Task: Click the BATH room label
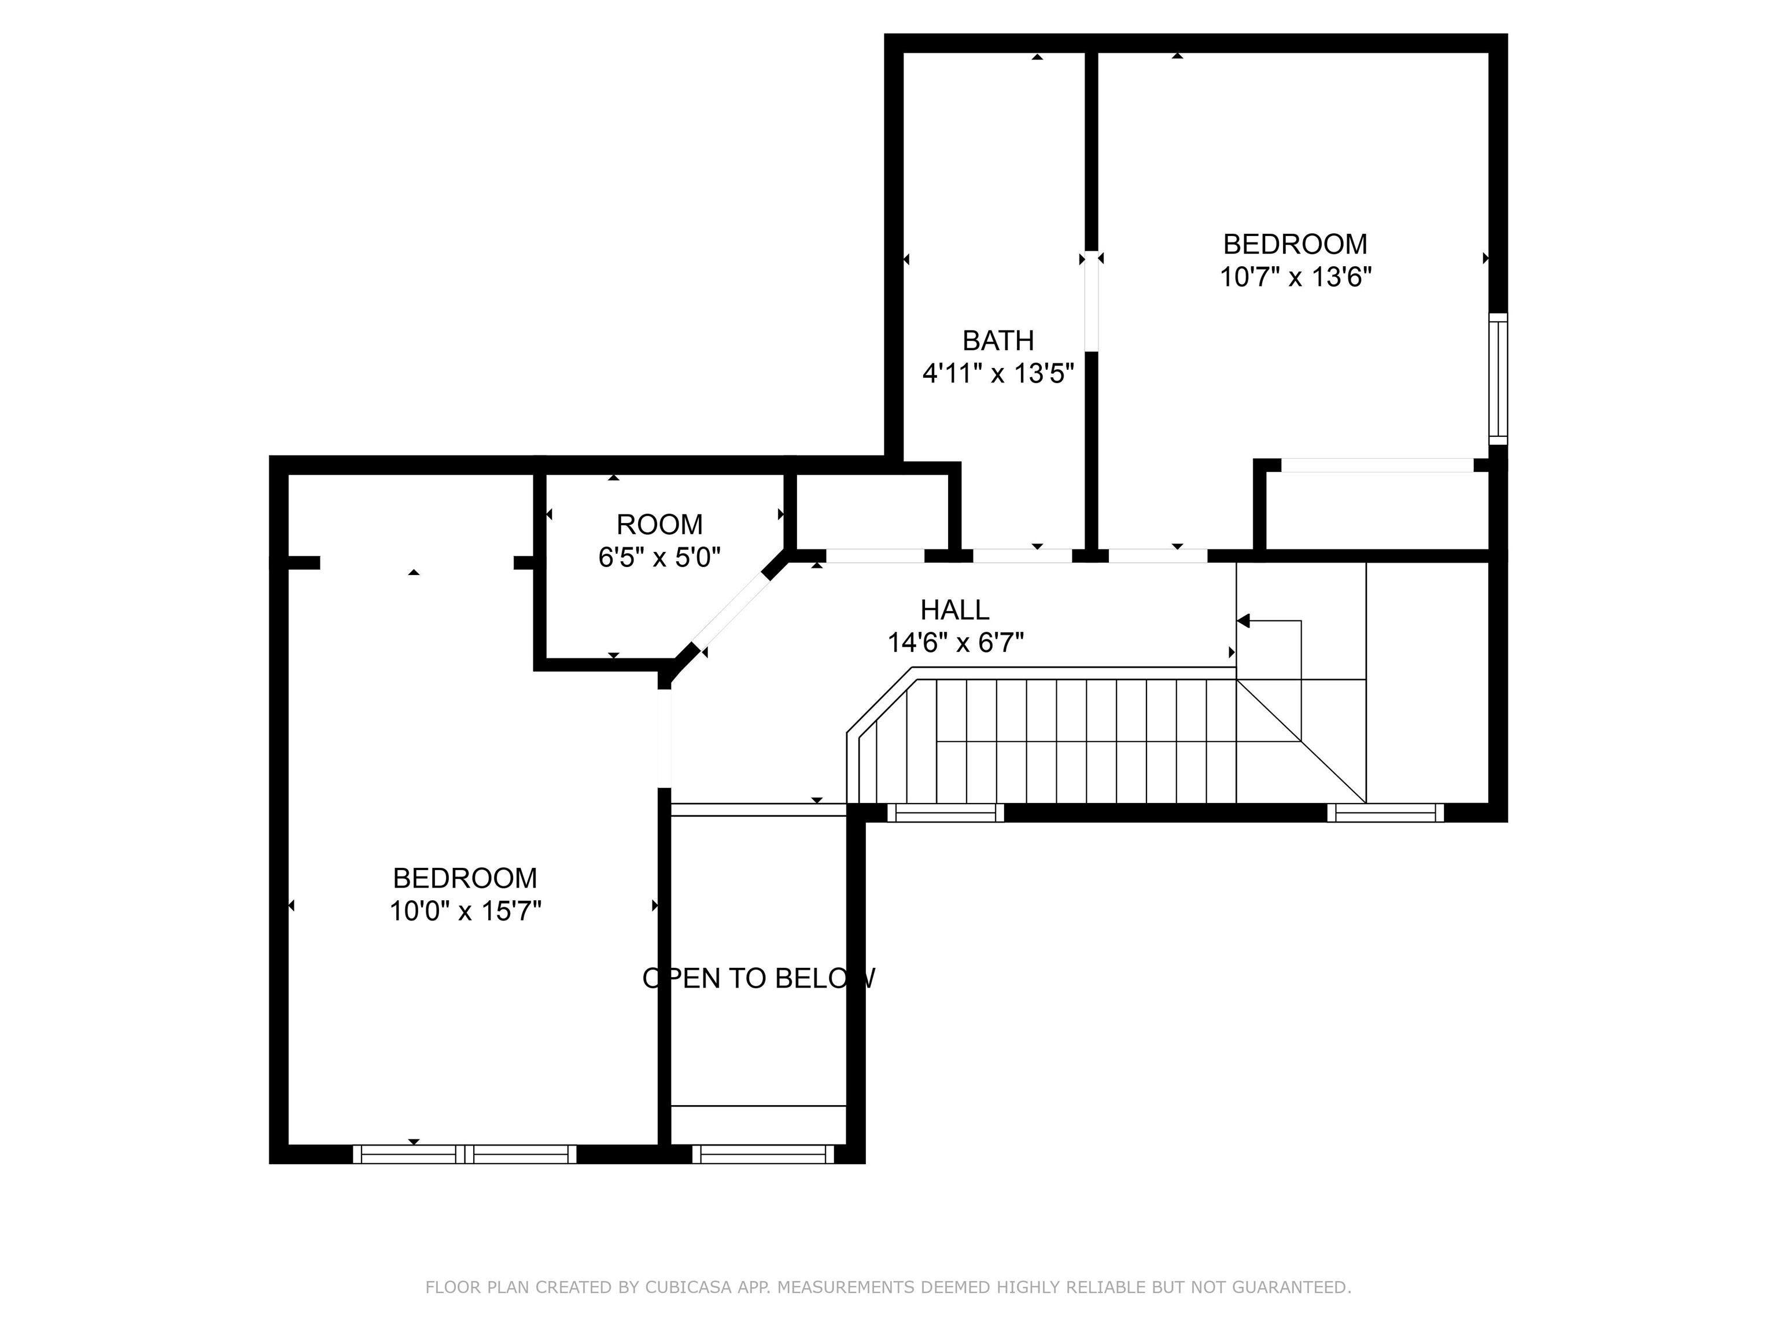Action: coord(998,341)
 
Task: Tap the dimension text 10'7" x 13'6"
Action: coord(1295,277)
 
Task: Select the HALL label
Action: coord(954,610)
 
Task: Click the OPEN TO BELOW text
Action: coord(758,978)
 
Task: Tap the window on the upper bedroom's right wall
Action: coord(1498,378)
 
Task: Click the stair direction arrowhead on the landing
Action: coord(1243,621)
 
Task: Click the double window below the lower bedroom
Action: coord(464,1154)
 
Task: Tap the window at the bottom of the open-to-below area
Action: coord(763,1154)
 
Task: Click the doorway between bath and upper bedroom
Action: coord(1091,301)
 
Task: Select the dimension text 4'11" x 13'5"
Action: coord(998,374)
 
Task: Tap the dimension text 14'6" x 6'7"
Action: coord(955,643)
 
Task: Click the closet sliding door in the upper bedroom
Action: coord(1378,465)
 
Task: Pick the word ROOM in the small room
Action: coord(659,525)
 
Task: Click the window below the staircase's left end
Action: coord(946,813)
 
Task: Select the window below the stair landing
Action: coord(1385,813)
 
